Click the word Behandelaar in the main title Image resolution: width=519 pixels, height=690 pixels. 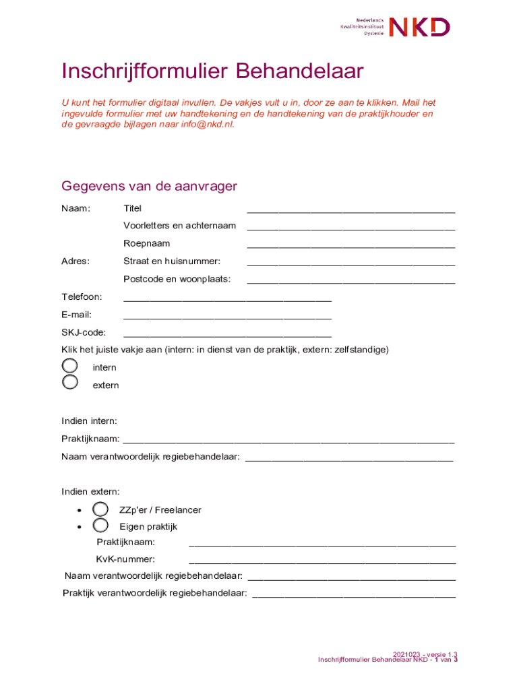tap(300, 71)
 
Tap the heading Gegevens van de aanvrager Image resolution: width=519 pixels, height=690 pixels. tap(149, 186)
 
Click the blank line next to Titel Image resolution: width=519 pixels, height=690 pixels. tap(350, 210)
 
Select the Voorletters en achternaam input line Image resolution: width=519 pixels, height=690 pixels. tap(350, 227)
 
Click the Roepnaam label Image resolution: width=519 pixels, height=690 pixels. tap(146, 243)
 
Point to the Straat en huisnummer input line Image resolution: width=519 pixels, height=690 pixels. tap(350, 262)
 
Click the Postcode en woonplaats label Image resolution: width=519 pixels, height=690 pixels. tap(177, 279)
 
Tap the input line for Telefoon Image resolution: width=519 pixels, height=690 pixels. tap(227, 298)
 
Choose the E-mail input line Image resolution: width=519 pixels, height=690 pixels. tap(227, 315)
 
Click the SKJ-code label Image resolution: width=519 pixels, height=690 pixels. tap(84, 332)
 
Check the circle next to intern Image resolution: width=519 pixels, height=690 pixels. tap(70, 366)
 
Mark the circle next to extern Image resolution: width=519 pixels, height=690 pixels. tap(70, 383)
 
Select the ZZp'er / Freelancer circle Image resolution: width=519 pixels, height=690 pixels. tap(100, 509)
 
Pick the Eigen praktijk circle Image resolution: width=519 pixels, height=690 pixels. tap(100, 526)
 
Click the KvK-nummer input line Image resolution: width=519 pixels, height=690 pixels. tap(322, 560)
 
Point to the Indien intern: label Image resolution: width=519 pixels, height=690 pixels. tap(89, 421)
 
